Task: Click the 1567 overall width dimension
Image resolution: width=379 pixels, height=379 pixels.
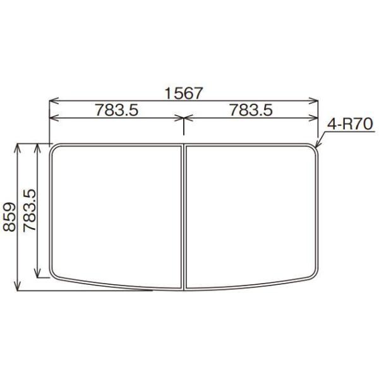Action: click(183, 93)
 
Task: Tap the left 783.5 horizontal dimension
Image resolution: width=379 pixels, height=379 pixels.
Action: click(117, 110)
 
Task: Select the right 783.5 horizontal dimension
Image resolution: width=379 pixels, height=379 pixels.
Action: click(250, 110)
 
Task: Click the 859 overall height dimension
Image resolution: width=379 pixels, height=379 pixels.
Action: click(9, 218)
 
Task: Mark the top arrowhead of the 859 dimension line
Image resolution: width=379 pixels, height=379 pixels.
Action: click(18, 147)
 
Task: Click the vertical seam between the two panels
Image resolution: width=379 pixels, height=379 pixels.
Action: click(183, 215)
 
